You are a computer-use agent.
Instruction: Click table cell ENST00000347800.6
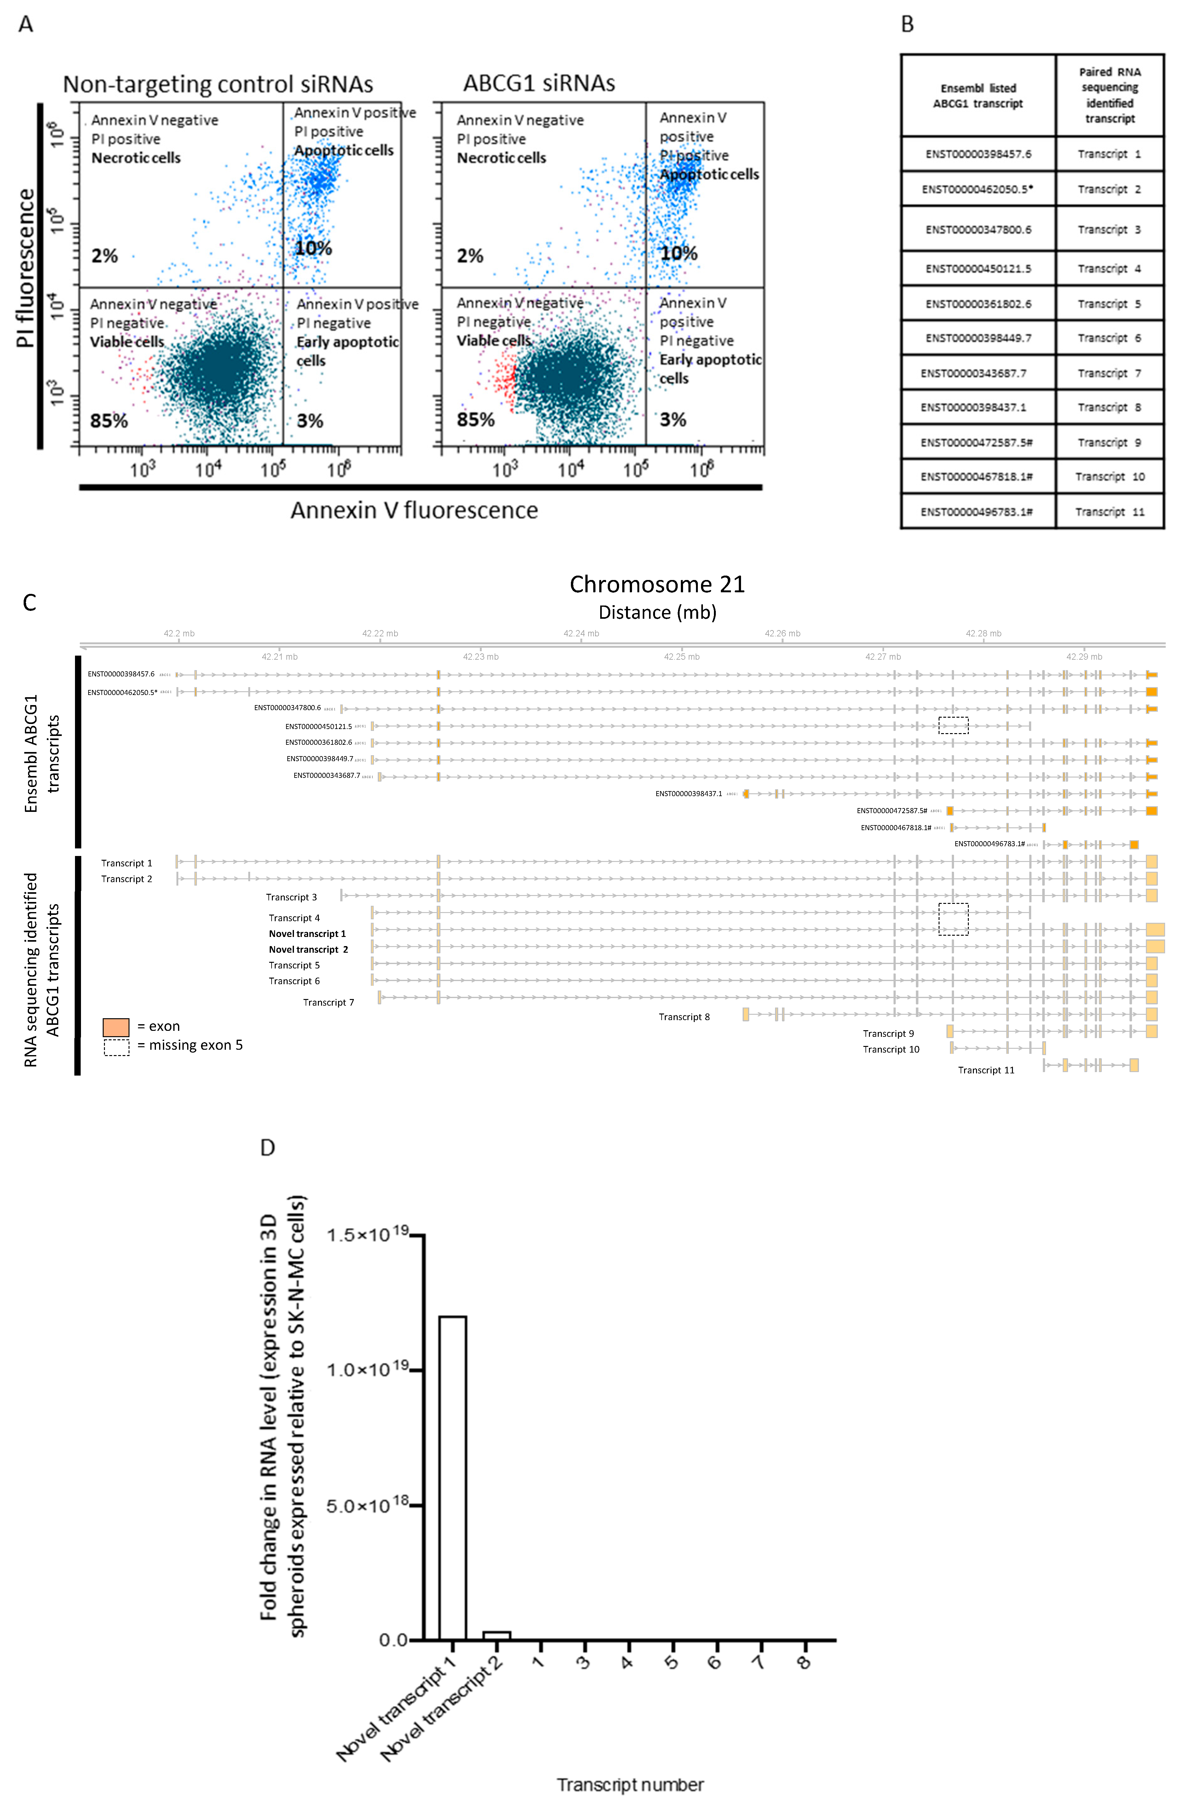tap(978, 230)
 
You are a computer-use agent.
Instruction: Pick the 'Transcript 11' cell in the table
tap(1110, 512)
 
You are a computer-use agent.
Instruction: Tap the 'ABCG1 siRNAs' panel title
tap(539, 83)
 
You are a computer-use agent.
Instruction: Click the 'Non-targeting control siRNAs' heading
tap(218, 83)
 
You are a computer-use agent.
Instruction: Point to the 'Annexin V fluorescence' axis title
tap(414, 510)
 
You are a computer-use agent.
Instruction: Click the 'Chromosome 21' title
tap(657, 584)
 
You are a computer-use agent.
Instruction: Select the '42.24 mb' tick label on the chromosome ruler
tap(581, 633)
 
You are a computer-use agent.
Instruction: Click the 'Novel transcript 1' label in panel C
tap(307, 933)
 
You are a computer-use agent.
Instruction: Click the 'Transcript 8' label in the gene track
tap(684, 1017)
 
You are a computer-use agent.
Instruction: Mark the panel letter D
tap(267, 1148)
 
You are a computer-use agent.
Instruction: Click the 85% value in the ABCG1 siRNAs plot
tap(476, 420)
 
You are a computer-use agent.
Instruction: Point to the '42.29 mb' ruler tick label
tap(1084, 656)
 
